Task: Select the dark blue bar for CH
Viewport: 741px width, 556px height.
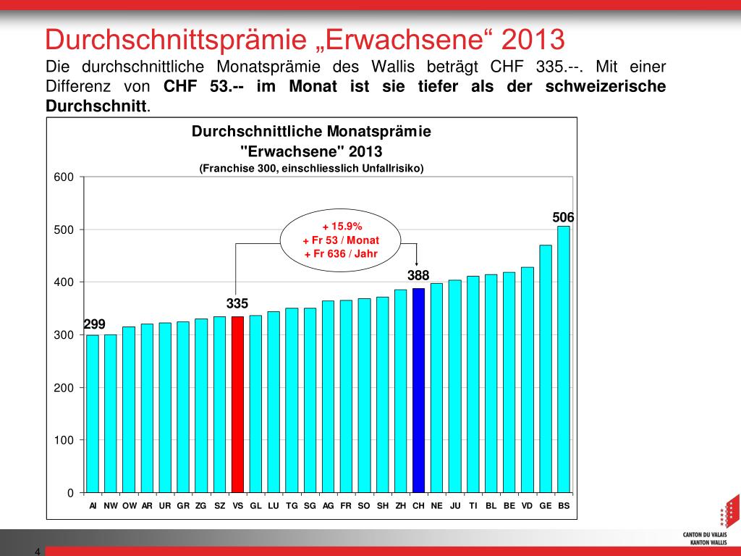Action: pos(418,390)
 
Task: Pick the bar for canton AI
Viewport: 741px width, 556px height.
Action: pos(93,413)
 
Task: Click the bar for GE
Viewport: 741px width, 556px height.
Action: pos(546,368)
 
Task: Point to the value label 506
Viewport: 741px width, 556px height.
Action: pos(563,217)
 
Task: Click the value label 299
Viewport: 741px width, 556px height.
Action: pos(95,324)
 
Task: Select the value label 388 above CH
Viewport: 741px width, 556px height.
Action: pos(418,275)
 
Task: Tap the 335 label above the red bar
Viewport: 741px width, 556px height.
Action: pos(237,303)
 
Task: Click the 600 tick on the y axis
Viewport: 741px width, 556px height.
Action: pos(65,177)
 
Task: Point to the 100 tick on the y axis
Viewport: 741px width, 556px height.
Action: pos(65,440)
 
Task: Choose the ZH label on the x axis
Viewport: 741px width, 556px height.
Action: pos(401,506)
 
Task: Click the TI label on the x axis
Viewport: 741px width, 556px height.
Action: pos(473,506)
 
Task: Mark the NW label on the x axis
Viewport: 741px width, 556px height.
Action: pos(111,506)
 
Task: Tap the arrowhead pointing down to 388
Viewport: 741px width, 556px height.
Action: pos(418,264)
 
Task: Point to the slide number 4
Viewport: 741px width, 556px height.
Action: pos(37,552)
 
